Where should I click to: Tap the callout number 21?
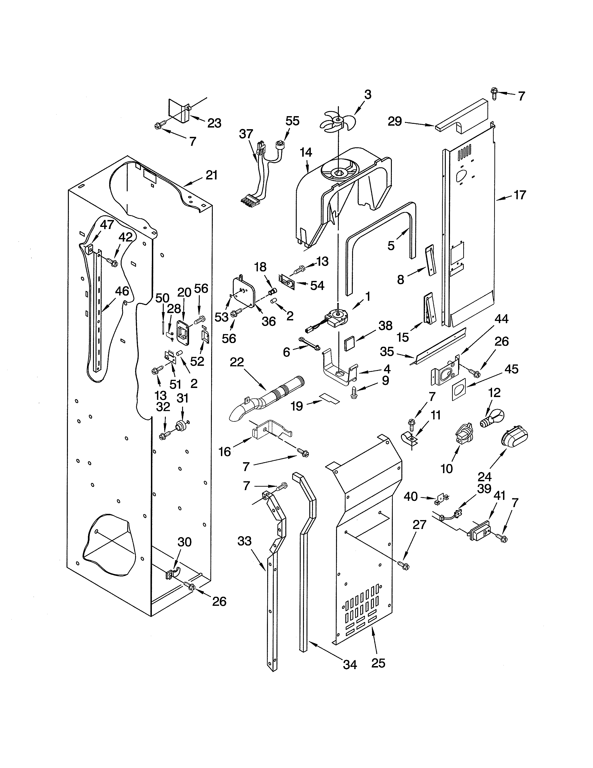pos(212,175)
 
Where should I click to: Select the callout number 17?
pos(520,195)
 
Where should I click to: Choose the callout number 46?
pos(122,291)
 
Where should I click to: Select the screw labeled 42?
pos(112,262)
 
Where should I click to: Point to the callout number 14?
pos(306,152)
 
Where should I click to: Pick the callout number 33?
pos(244,541)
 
